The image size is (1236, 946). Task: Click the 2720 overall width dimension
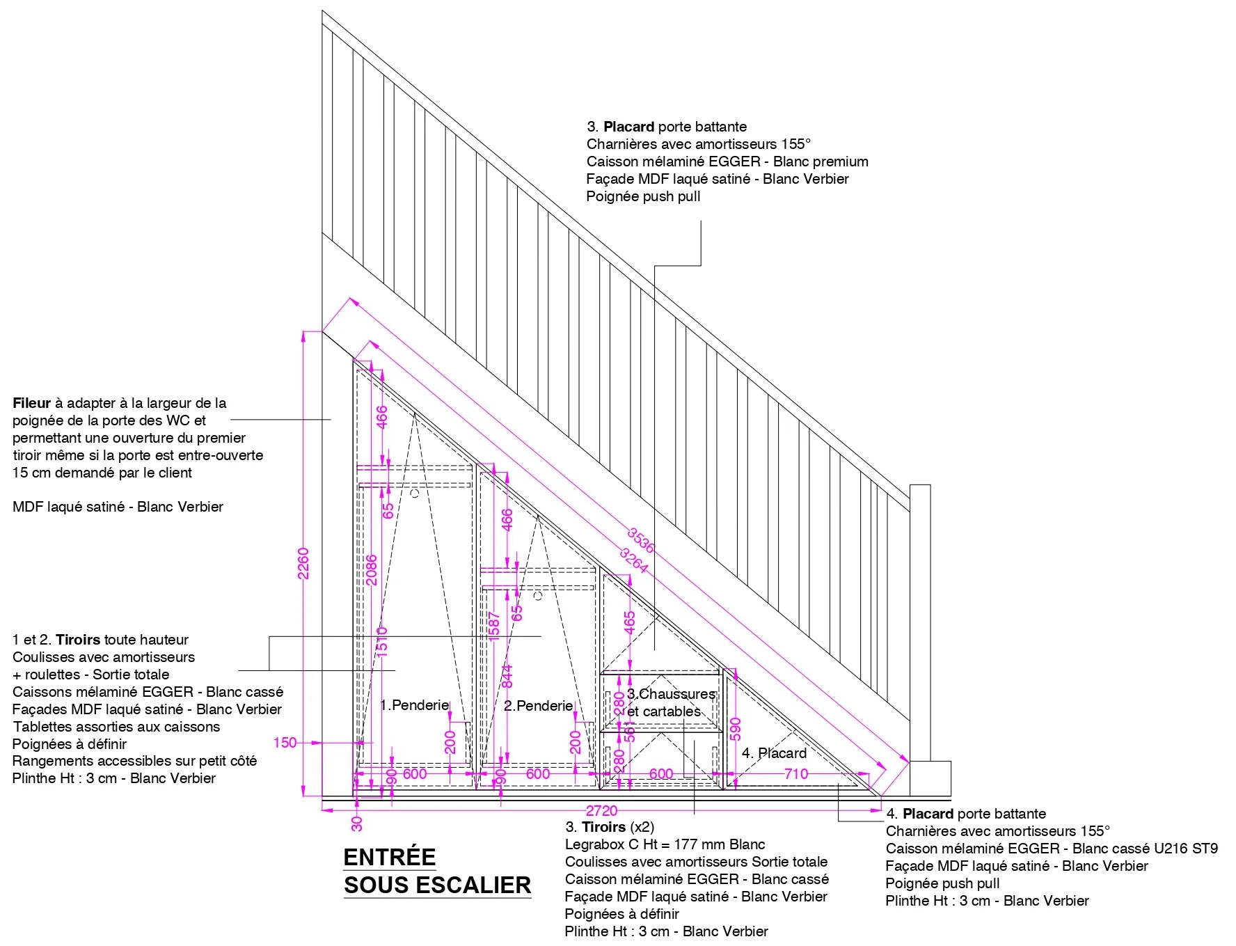pyautogui.click(x=601, y=811)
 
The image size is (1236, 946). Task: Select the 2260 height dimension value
pyautogui.click(x=303, y=563)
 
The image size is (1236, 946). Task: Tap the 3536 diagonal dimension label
pyautogui.click(x=641, y=540)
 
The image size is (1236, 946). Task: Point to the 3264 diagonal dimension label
pyautogui.click(x=634, y=560)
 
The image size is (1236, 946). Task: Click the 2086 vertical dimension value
pyautogui.click(x=372, y=569)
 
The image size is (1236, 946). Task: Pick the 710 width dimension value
pyautogui.click(x=796, y=773)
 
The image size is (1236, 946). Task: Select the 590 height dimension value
pyautogui.click(x=736, y=729)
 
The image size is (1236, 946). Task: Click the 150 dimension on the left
pyautogui.click(x=285, y=743)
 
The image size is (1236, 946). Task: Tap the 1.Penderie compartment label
pyautogui.click(x=415, y=705)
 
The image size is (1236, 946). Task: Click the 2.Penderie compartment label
pyautogui.click(x=538, y=706)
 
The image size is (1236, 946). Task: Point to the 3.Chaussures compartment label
pyautogui.click(x=671, y=694)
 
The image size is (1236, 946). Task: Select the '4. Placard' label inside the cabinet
pyautogui.click(x=774, y=753)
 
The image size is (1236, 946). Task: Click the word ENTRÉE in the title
pyautogui.click(x=389, y=857)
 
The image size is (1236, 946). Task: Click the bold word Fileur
pyautogui.click(x=31, y=403)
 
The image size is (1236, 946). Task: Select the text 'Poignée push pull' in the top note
pyautogui.click(x=643, y=196)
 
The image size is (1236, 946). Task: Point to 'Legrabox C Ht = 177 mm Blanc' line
pyautogui.click(x=665, y=844)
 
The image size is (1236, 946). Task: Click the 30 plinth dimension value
pyautogui.click(x=357, y=823)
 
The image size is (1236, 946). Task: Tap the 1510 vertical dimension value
pyautogui.click(x=381, y=640)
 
